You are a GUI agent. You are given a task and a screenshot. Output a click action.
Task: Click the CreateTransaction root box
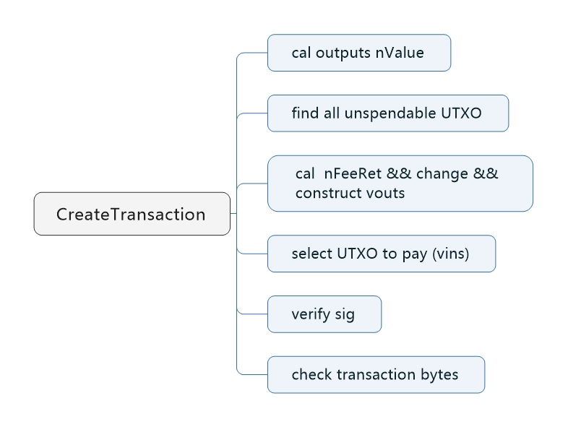[132, 214]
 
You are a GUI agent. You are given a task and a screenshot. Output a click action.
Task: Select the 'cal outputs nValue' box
[359, 53]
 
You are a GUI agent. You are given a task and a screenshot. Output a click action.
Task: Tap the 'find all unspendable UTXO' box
[388, 113]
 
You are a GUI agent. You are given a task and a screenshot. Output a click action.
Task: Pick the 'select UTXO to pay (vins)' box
[382, 254]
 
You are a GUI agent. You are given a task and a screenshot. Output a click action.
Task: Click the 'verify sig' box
[324, 314]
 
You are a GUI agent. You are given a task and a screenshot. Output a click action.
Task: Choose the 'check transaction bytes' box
[376, 374]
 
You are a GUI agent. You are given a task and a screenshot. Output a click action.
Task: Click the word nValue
[400, 53]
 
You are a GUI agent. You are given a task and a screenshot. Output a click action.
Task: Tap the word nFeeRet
[353, 173]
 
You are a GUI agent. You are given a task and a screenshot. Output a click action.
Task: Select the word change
[442, 175]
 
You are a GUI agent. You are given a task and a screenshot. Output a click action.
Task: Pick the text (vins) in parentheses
[451, 254]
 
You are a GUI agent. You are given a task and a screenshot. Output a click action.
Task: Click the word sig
[345, 315]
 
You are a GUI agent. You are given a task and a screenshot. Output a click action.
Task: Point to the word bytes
[439, 375]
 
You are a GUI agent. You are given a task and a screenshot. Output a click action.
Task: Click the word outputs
[343, 53]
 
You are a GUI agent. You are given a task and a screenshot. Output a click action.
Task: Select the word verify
[311, 314]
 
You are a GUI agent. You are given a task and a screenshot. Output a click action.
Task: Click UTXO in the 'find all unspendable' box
[462, 113]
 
